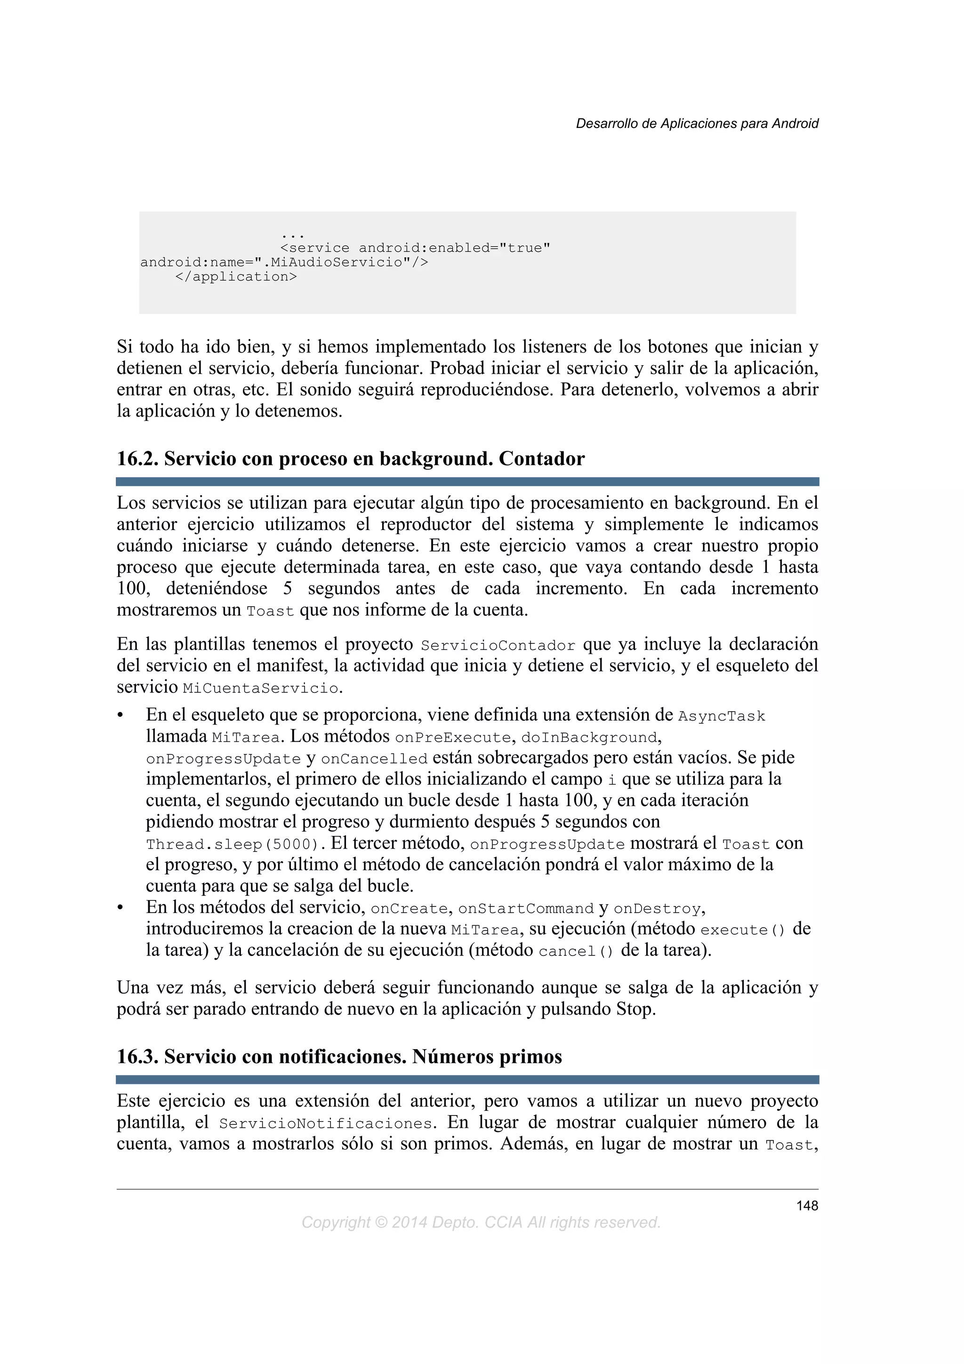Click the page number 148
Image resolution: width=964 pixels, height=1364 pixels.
[807, 1205]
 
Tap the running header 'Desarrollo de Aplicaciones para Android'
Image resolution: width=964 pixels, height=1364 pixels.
[697, 124]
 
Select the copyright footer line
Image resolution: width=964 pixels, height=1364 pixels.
[481, 1223]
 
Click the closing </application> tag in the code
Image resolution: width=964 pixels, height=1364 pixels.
[236, 277]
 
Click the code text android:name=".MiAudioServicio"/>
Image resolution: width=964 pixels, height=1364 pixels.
[284, 263]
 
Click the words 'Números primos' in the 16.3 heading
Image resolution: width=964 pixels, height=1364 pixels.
[487, 1057]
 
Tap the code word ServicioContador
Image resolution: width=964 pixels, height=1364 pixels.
[498, 646]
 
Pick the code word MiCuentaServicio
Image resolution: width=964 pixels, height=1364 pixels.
[261, 689]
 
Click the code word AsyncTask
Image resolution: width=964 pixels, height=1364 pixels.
[722, 717]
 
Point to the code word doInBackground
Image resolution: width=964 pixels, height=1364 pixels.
[590, 738]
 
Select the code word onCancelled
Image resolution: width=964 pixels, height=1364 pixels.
[374, 760]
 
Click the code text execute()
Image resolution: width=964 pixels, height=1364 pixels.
[742, 931]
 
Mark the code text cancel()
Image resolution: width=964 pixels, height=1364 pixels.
[576, 952]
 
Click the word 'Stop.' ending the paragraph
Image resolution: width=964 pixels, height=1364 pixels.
[635, 1009]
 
